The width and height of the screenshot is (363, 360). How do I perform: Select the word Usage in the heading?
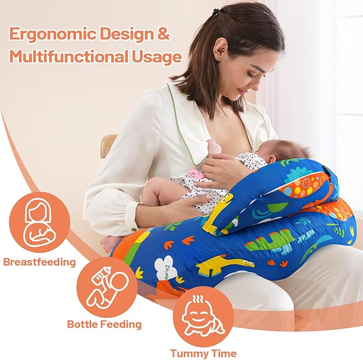tap(158, 56)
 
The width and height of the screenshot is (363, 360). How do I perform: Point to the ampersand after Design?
tap(164, 34)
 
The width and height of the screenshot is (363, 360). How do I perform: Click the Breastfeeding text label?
tap(39, 262)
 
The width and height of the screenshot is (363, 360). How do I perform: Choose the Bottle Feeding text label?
tap(104, 324)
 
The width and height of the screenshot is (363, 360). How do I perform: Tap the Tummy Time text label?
tap(204, 353)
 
